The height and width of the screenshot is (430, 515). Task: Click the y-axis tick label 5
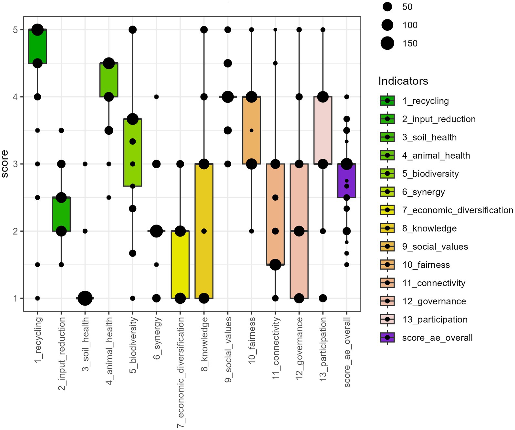coord(15,30)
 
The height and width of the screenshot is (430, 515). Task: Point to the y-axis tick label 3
coord(15,164)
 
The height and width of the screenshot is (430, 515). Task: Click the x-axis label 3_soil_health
coord(85,344)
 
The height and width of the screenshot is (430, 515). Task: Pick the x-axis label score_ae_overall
coord(347,352)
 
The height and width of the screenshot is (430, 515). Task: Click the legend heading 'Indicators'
coord(403,81)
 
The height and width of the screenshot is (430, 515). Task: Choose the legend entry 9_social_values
coord(435,247)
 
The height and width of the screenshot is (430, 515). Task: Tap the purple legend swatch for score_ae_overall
coord(387,338)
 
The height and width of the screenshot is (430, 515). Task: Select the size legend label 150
coord(410,44)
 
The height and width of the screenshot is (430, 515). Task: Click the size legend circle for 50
coord(387,7)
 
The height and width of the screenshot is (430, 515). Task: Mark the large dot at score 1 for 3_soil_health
coord(85,298)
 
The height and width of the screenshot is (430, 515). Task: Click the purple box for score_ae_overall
coord(346,181)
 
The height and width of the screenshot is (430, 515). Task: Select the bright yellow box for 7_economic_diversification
coord(180,265)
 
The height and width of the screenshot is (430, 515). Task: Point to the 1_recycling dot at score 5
coord(37,30)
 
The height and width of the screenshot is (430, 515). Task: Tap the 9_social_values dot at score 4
coord(228,97)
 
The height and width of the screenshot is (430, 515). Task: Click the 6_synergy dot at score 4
coord(156,97)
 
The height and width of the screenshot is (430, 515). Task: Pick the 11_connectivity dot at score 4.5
coord(275,63)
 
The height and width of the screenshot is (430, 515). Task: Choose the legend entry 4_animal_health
coord(436,156)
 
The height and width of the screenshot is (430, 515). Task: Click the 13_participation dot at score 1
coord(323,298)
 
